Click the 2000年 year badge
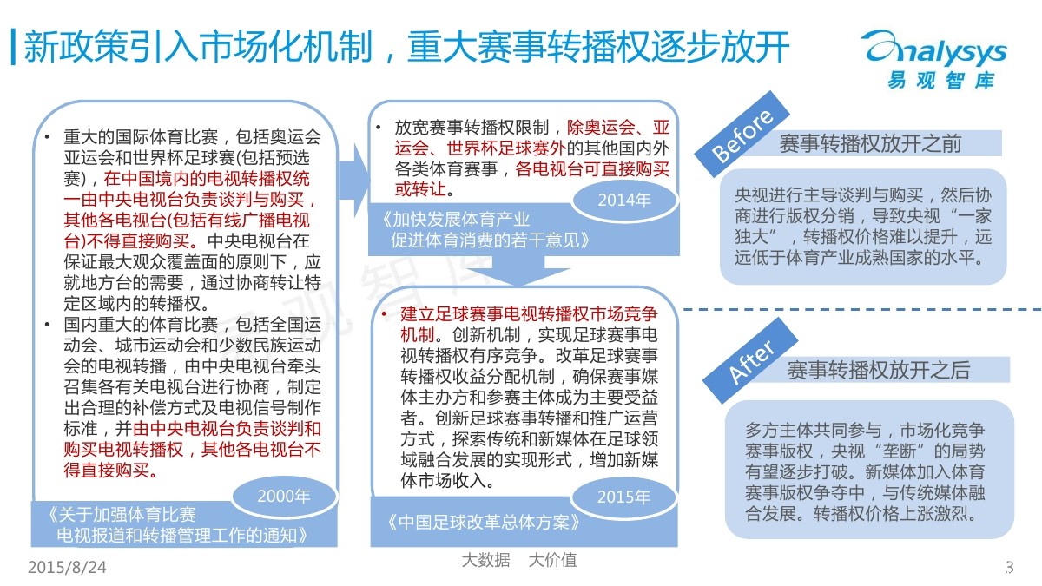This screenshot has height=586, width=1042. coord(284,497)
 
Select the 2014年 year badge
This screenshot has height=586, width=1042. coord(623,201)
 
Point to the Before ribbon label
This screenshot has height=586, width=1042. coord(742,137)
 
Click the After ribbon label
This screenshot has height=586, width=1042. coord(752,352)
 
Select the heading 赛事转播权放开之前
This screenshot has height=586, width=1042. coord(870,143)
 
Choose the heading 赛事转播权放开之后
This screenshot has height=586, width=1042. coord(879,371)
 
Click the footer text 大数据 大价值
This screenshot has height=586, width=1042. coord(519,560)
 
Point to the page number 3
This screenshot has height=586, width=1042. coord(1009,568)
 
